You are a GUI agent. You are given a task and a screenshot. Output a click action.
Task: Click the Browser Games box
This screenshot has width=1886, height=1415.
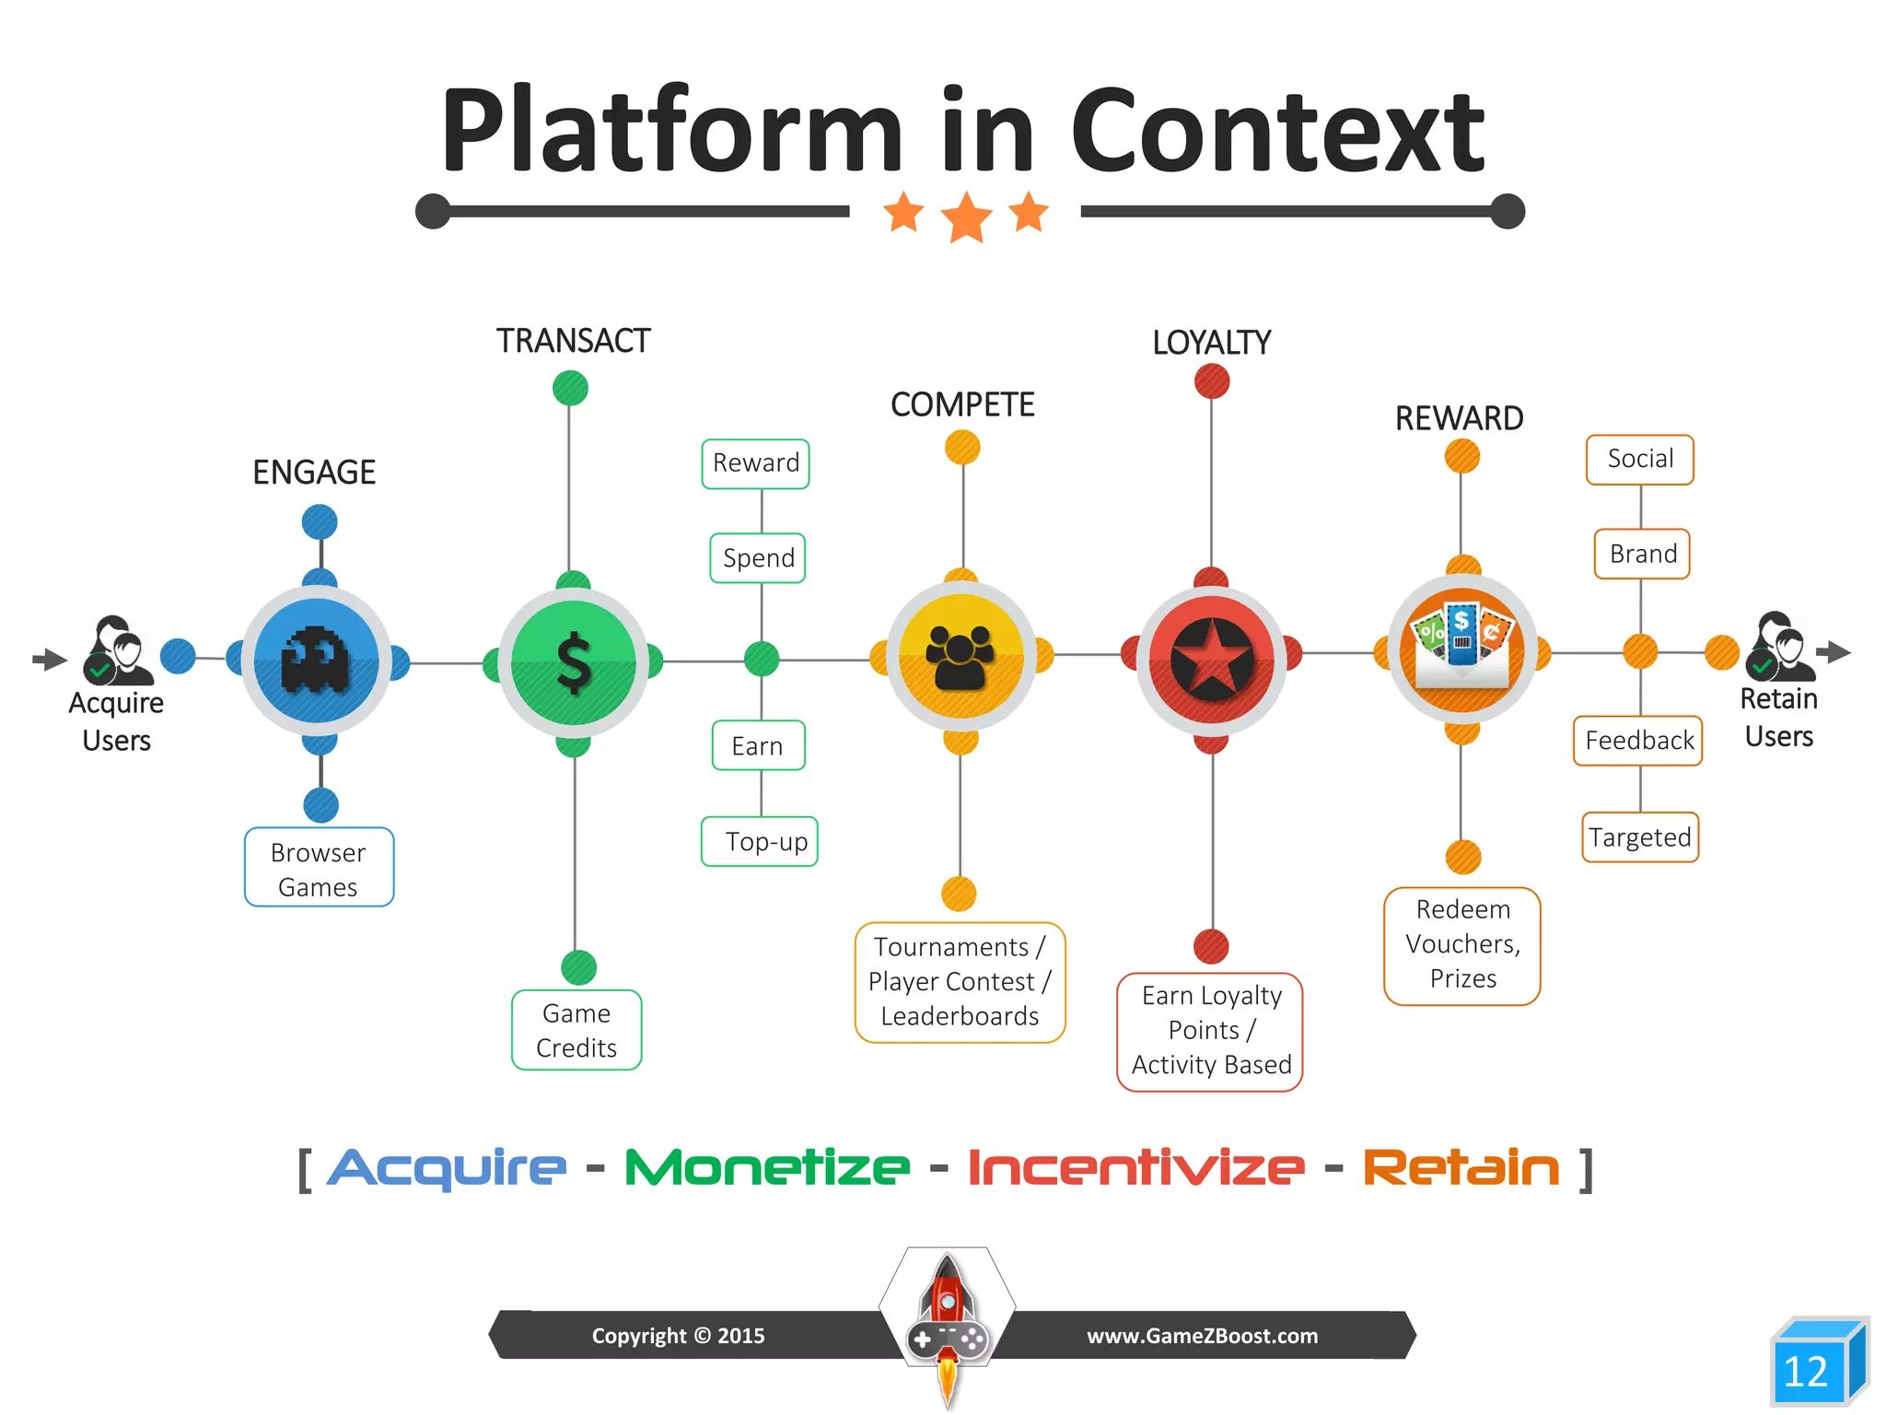coord(319,868)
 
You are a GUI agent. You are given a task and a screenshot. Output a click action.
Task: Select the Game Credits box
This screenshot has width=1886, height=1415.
coord(576,1030)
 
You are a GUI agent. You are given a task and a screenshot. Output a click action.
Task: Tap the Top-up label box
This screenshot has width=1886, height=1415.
coord(760,841)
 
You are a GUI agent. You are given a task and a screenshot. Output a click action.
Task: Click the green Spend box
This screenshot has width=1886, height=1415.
coord(758,558)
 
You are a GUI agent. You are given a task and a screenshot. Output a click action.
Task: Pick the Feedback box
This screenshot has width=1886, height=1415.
coord(1638,741)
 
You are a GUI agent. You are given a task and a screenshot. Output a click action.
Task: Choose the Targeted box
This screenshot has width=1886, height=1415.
coord(1639,837)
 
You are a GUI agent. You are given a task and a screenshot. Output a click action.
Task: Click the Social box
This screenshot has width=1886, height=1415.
coord(1639,459)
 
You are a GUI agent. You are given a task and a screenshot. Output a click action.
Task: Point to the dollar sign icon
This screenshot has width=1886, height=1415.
coord(574,662)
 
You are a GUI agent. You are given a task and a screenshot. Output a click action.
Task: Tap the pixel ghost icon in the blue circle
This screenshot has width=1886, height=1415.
coord(316,659)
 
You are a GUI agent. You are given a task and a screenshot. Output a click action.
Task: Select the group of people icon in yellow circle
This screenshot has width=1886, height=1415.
coord(960,657)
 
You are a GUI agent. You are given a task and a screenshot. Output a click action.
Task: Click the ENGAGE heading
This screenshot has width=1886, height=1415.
coord(314,473)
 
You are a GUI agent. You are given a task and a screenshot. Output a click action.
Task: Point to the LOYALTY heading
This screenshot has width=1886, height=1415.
coord(1211,343)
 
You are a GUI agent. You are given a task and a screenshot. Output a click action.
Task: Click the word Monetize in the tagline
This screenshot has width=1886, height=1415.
coord(766,1168)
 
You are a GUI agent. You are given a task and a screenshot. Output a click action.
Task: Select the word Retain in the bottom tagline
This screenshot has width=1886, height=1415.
coord(1461,1168)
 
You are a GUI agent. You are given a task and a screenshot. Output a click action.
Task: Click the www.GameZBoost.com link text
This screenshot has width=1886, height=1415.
coord(1202,1336)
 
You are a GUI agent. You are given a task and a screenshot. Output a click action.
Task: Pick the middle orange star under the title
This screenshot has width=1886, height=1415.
coord(966,218)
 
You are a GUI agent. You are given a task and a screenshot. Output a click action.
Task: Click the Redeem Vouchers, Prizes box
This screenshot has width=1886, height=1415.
coord(1461,945)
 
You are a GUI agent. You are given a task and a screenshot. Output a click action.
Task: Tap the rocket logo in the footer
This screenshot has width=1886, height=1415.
coord(948,1322)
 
